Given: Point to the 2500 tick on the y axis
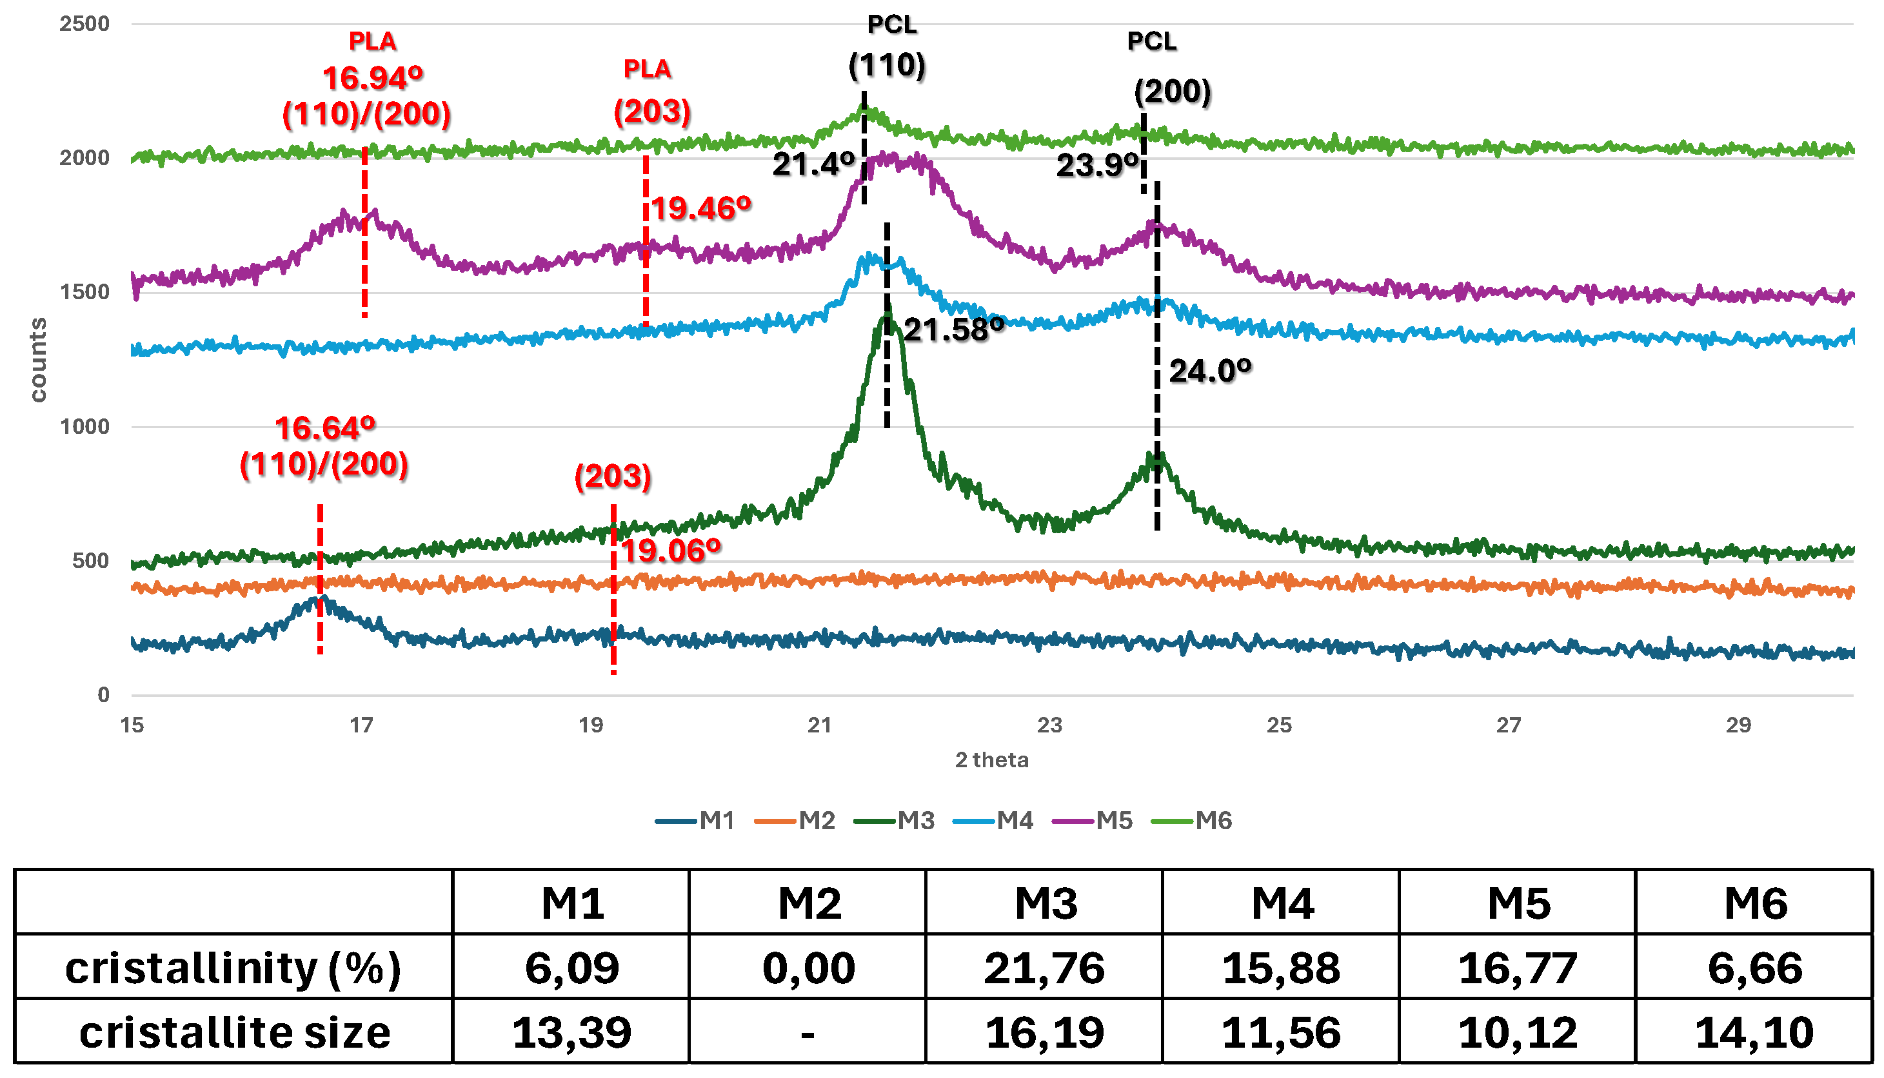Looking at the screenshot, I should [x=84, y=24].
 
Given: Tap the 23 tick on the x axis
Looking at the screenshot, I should [x=1049, y=725].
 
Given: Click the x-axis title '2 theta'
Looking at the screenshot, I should [x=991, y=760].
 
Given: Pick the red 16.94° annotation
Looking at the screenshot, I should [x=373, y=77].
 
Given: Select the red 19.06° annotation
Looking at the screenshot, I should [x=670, y=551].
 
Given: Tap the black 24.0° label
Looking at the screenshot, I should [x=1210, y=371].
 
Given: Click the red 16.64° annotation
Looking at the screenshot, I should [x=325, y=428].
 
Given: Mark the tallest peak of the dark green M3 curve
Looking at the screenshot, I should [x=887, y=315].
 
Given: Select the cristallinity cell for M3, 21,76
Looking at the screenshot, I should [x=1044, y=968].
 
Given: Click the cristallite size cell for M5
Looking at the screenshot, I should [x=1518, y=1032].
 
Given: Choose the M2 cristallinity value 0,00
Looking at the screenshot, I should [x=808, y=968].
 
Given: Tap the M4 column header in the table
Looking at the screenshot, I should [x=1281, y=903].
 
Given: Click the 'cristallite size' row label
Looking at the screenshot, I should [x=234, y=1032].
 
